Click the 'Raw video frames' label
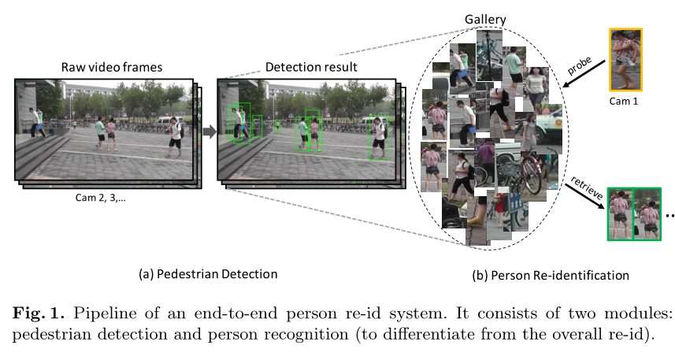(112, 67)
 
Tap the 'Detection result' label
(311, 67)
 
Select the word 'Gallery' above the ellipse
(485, 18)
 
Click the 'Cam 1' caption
(626, 101)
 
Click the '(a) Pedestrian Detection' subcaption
(208, 274)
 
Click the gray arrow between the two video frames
(209, 130)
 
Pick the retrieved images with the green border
(633, 213)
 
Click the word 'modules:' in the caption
(645, 315)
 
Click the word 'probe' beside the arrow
(580, 65)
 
